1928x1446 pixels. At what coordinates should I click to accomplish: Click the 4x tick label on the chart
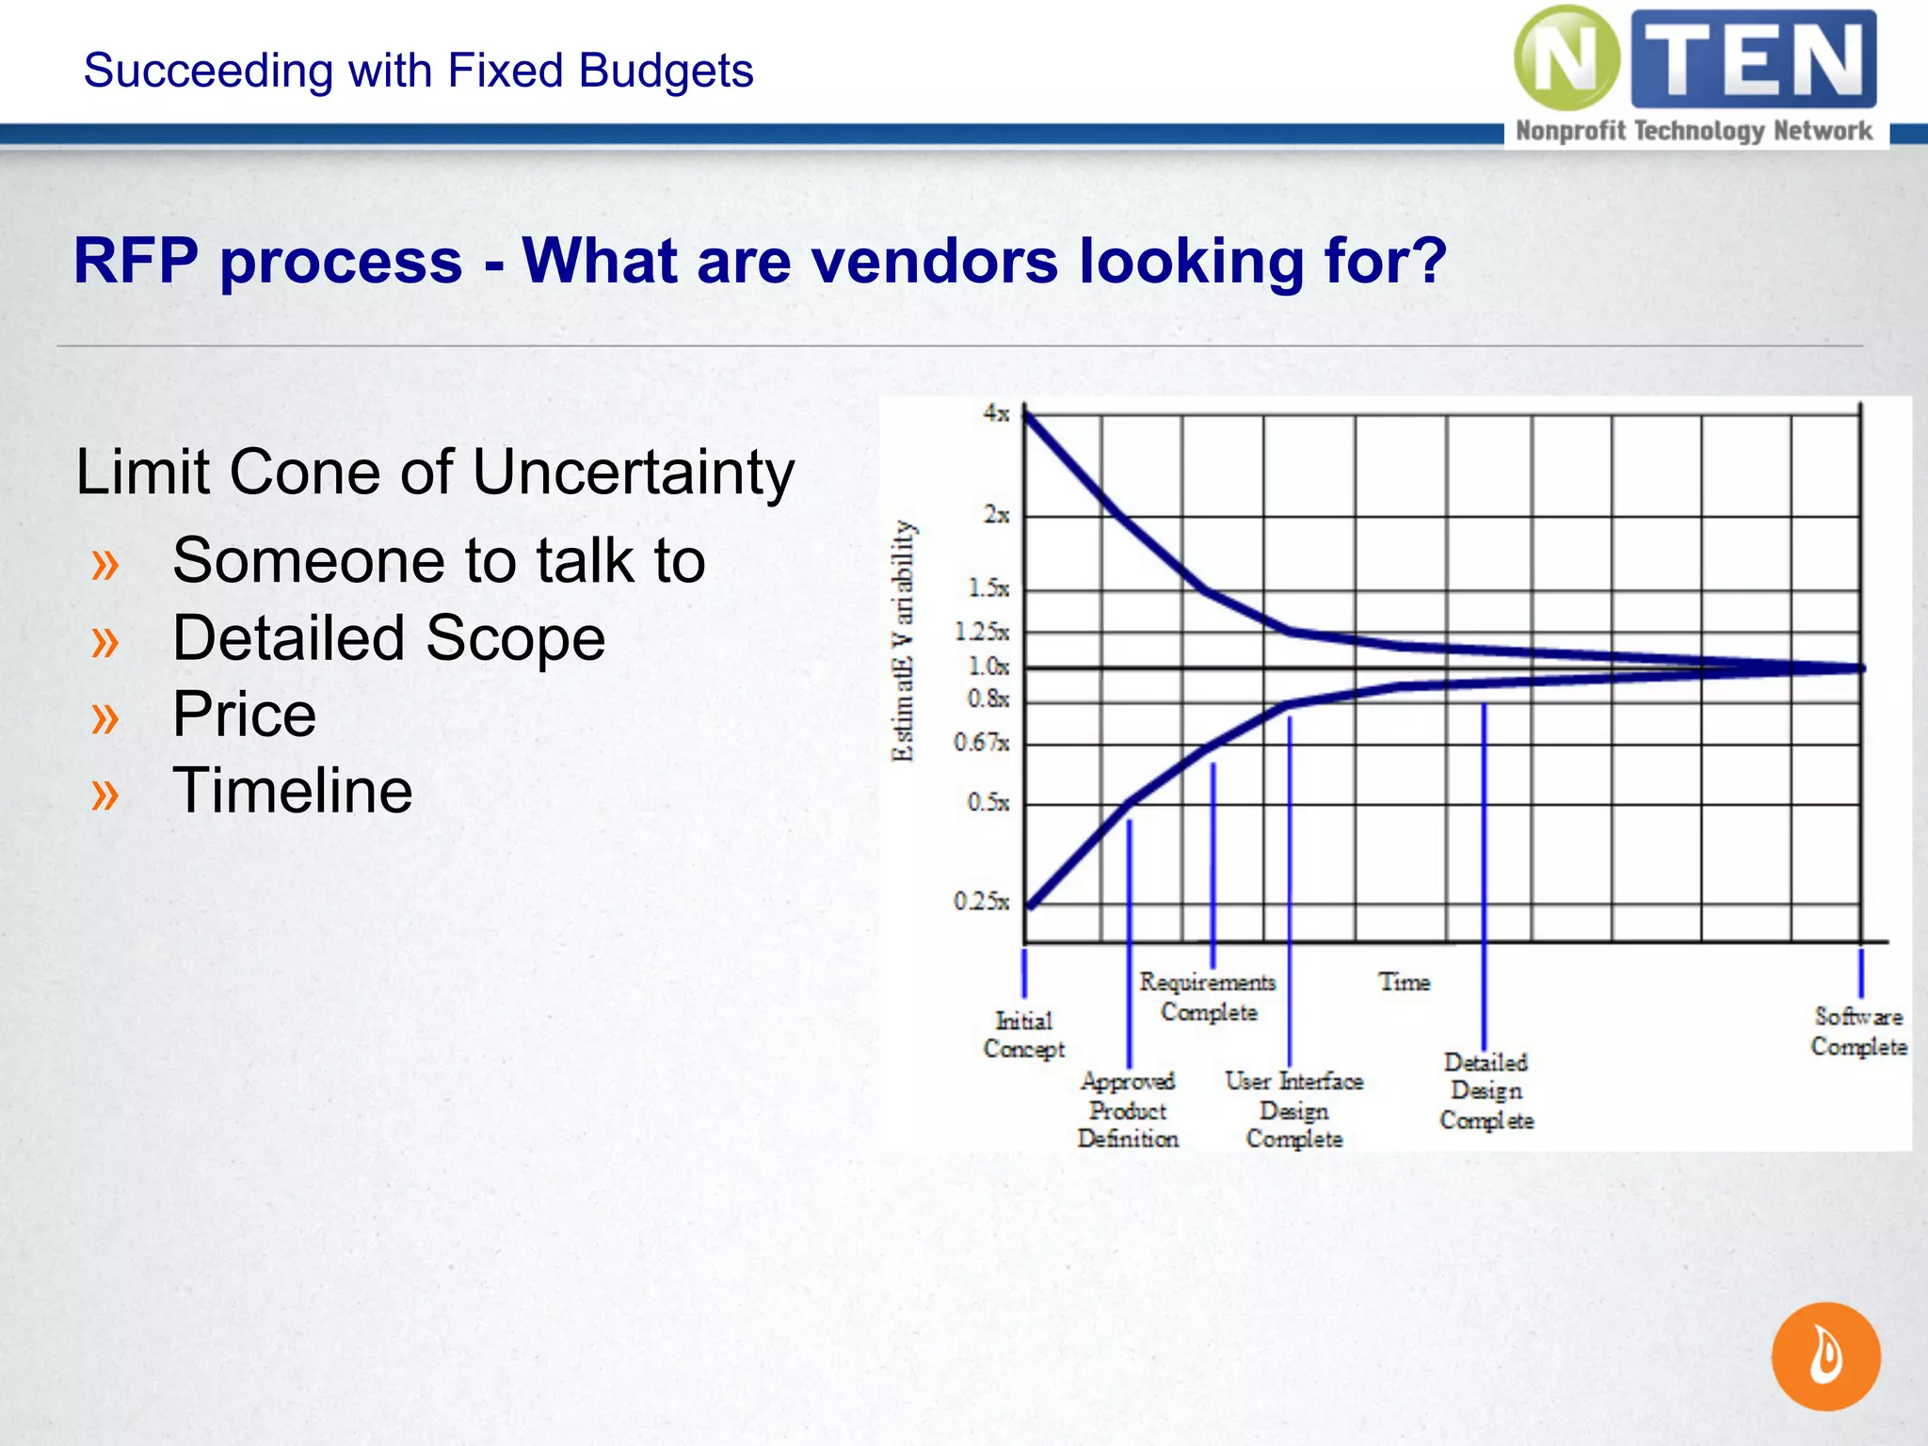(996, 413)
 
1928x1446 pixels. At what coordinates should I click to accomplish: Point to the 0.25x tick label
(981, 902)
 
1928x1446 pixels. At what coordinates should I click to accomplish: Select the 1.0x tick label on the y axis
(988, 667)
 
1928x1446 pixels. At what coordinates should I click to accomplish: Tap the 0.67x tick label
(981, 743)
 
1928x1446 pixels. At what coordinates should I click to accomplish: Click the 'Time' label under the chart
(1404, 982)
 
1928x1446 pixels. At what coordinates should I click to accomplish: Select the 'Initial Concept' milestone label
(1023, 1035)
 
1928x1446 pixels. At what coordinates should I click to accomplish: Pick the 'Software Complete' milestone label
(1858, 1031)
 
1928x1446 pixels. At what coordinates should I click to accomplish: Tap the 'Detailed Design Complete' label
(1486, 1091)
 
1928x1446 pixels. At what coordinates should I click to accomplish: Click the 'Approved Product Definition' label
(1128, 1110)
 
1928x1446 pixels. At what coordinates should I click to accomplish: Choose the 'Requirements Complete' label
(1208, 997)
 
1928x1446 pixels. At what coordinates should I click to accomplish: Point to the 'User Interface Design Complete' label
(1294, 1110)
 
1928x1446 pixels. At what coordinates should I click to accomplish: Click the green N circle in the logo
(1566, 58)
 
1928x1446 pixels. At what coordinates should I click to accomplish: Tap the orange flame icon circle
(1825, 1356)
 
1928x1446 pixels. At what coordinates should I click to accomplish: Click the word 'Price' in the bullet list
(245, 715)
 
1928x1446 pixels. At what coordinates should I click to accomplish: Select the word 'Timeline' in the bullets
(293, 791)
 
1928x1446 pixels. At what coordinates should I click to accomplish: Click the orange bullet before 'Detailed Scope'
(105, 641)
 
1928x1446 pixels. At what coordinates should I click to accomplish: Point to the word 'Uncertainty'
(634, 472)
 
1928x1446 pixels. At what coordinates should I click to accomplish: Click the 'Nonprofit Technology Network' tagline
(1694, 131)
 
